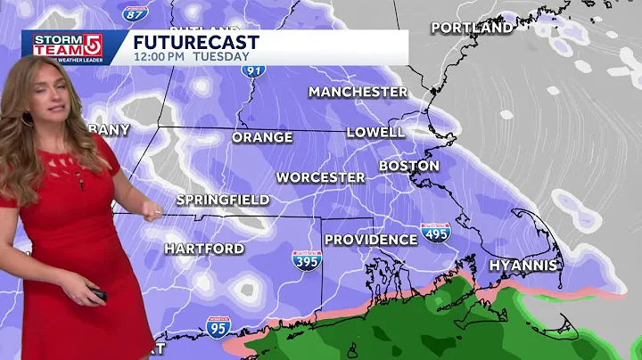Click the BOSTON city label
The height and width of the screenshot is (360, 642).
click(408, 166)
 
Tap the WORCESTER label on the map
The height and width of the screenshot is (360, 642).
click(320, 177)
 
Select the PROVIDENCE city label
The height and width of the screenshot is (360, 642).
click(370, 239)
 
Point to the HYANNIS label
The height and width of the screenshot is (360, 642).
click(523, 265)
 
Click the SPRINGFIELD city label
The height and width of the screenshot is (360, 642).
click(222, 200)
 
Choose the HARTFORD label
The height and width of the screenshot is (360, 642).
click(204, 248)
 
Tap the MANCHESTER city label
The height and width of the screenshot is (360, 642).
click(358, 92)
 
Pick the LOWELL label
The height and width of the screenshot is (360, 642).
click(375, 132)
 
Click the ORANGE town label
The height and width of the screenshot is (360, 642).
click(262, 137)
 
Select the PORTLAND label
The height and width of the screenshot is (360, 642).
click(472, 28)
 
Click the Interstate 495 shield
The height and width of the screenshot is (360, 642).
click(435, 233)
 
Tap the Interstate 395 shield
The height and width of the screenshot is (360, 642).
click(306, 260)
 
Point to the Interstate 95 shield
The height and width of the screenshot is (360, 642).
click(218, 327)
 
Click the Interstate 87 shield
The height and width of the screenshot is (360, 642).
click(136, 11)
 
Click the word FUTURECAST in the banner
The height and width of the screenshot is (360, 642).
click(196, 42)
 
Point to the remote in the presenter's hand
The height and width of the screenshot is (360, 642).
click(97, 293)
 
